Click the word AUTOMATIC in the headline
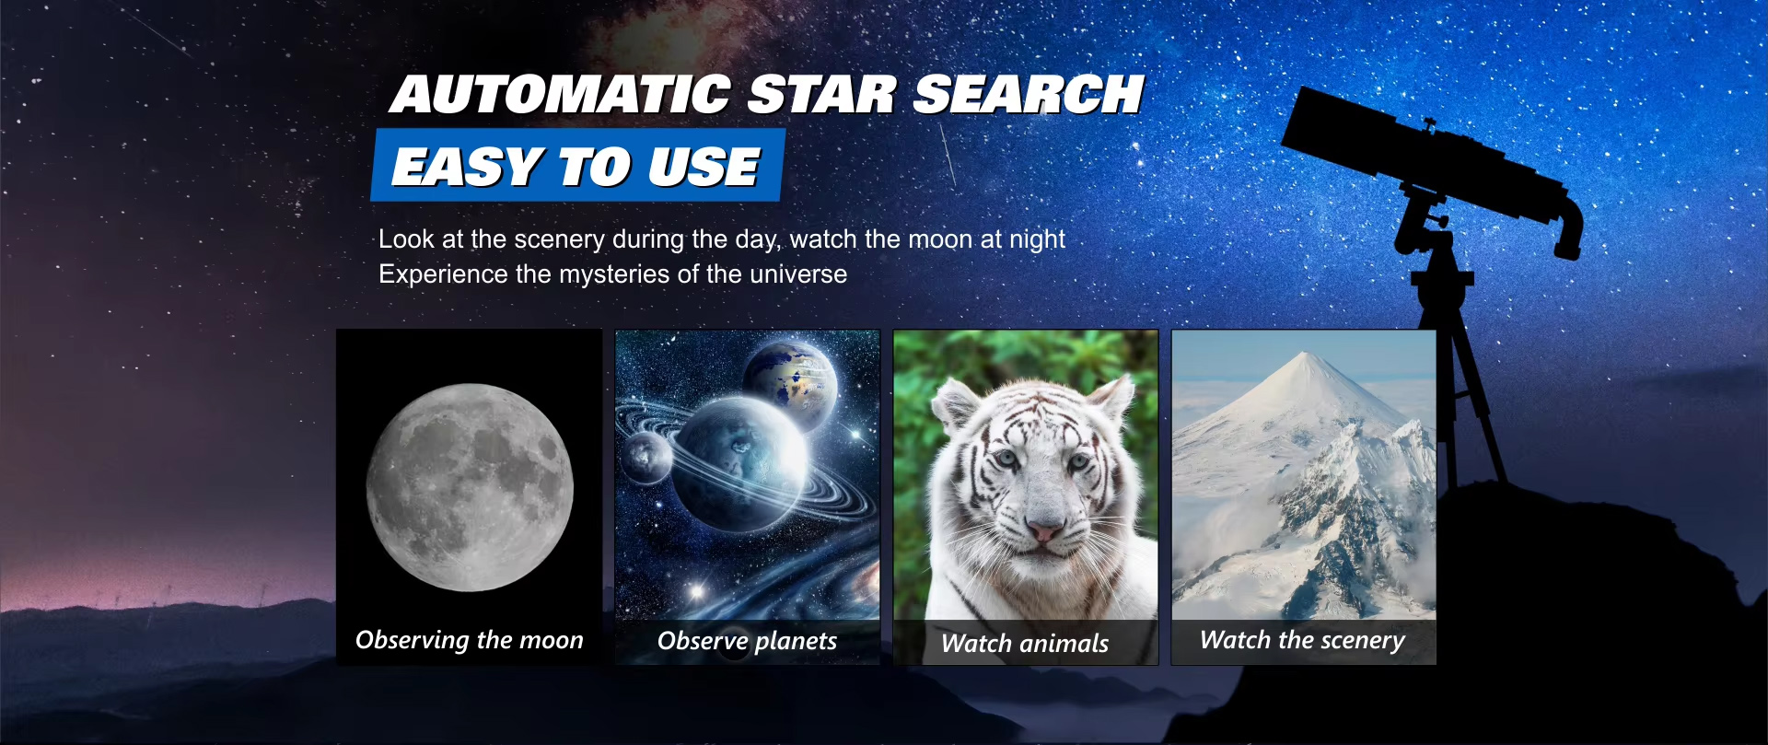(x=561, y=95)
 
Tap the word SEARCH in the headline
(x=1029, y=95)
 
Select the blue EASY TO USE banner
(x=577, y=166)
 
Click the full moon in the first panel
(x=470, y=487)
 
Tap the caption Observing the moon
(x=470, y=640)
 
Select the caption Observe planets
(x=747, y=641)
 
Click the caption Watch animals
(x=1025, y=643)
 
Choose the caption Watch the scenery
(x=1303, y=640)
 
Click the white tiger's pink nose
(x=1043, y=531)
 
